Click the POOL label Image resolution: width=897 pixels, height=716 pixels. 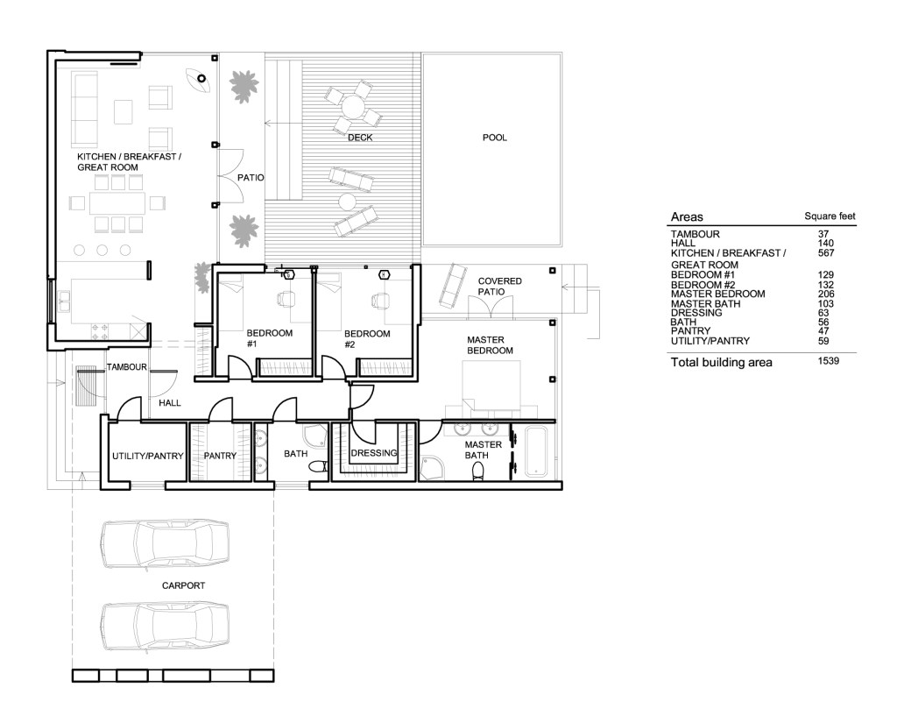(494, 138)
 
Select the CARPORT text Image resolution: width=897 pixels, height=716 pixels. (182, 585)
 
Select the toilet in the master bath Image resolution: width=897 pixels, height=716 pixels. (478, 471)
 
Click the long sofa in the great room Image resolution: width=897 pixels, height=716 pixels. (85, 109)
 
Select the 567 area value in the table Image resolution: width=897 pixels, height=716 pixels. (823, 253)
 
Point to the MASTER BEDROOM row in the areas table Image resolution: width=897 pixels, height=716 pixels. (717, 294)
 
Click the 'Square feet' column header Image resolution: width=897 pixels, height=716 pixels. (830, 216)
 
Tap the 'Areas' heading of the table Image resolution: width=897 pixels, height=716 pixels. (686, 216)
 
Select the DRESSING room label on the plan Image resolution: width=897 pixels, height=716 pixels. (374, 453)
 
